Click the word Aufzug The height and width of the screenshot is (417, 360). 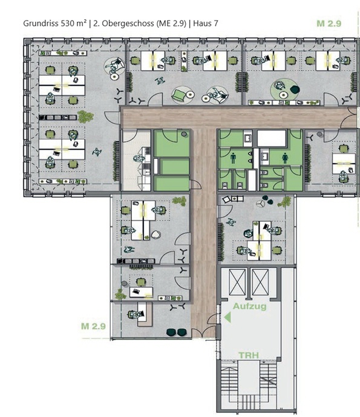coord(249,306)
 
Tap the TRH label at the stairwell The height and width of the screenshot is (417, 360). coord(249,355)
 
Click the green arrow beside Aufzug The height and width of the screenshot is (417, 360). coord(227,317)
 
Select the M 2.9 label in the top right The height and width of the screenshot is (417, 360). coord(329,24)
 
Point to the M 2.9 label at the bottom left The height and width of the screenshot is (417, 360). coord(93,326)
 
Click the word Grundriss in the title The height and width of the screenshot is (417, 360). coord(41,24)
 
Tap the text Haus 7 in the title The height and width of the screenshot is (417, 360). coord(206,24)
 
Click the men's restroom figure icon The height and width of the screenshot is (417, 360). coord(234,158)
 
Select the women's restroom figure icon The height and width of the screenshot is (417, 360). coord(285,158)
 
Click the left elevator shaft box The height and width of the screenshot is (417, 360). coord(237,282)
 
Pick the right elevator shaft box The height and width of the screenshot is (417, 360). coord(260,282)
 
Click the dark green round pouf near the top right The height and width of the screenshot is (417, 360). coord(295,89)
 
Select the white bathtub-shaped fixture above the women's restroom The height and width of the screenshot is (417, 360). coord(272,138)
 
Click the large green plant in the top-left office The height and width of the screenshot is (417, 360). coord(85,117)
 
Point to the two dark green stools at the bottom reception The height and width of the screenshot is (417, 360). coord(176,332)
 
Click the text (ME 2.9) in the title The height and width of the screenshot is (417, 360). coord(171,24)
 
